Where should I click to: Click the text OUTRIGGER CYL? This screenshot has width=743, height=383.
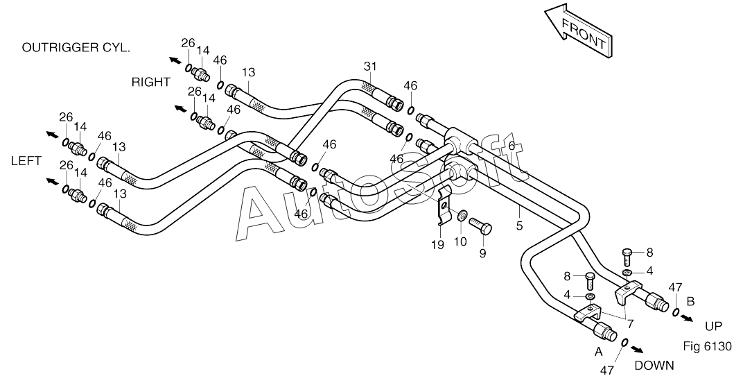coord(76,47)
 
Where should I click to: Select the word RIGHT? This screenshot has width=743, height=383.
coord(150,82)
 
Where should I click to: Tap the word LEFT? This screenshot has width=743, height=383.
coord(26,161)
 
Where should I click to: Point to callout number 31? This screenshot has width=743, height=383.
coord(370,66)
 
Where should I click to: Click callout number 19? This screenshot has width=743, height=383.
coord(437,245)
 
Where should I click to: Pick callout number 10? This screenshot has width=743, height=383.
coord(460,242)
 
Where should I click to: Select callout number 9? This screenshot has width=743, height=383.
coord(482,253)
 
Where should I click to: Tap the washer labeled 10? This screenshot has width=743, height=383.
coord(461,217)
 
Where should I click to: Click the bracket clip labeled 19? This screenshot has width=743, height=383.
coord(443,207)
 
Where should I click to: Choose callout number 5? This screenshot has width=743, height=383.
coord(519,225)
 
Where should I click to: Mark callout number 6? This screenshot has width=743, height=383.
coord(512,146)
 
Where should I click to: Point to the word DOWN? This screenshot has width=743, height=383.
coord(654,366)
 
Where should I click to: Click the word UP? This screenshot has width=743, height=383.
coord(713,327)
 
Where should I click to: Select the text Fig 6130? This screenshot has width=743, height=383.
coord(708,346)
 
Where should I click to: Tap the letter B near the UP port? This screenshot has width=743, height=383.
coord(691,301)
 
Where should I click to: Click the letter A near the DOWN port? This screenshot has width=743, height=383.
coord(598,352)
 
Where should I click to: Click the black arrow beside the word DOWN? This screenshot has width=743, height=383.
coord(637,349)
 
